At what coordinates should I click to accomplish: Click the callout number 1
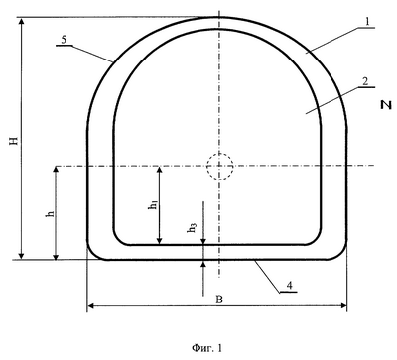click(367, 22)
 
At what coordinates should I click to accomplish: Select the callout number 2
click(365, 81)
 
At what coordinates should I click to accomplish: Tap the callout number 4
click(290, 286)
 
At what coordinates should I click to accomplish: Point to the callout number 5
click(64, 39)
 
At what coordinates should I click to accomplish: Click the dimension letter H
click(14, 141)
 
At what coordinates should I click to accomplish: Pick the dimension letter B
click(219, 300)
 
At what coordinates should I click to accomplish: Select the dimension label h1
click(153, 204)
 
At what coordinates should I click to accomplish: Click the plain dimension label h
click(51, 213)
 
